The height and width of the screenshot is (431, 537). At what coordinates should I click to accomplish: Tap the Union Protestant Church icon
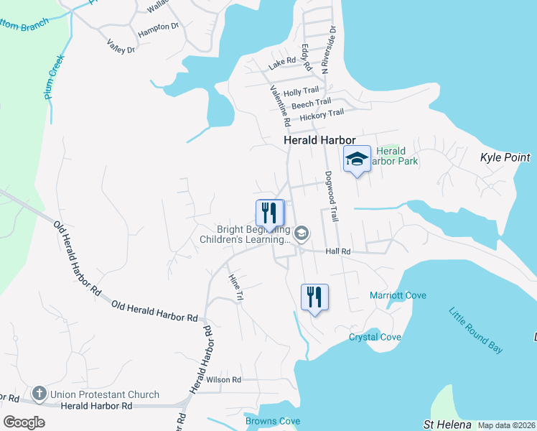[x=39, y=394]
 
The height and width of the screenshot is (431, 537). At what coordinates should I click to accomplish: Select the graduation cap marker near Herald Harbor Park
[x=357, y=159]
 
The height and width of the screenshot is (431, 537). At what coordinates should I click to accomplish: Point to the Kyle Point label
[x=504, y=157]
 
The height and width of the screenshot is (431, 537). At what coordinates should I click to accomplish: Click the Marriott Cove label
[x=398, y=295]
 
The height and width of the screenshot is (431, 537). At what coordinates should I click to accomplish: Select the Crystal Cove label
[x=375, y=337]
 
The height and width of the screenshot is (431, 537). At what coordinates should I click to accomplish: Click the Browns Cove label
[x=272, y=421]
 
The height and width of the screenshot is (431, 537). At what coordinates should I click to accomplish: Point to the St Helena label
[x=447, y=424]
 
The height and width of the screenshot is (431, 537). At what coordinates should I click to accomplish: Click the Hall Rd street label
[x=337, y=251]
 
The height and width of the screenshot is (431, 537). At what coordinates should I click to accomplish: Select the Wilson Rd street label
[x=224, y=379]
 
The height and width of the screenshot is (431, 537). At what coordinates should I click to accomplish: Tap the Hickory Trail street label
[x=322, y=114]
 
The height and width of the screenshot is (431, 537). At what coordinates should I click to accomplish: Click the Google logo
[x=24, y=422]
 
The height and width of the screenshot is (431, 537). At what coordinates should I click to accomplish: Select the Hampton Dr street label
[x=158, y=27]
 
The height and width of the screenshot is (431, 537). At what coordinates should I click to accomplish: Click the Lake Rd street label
[x=282, y=64]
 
